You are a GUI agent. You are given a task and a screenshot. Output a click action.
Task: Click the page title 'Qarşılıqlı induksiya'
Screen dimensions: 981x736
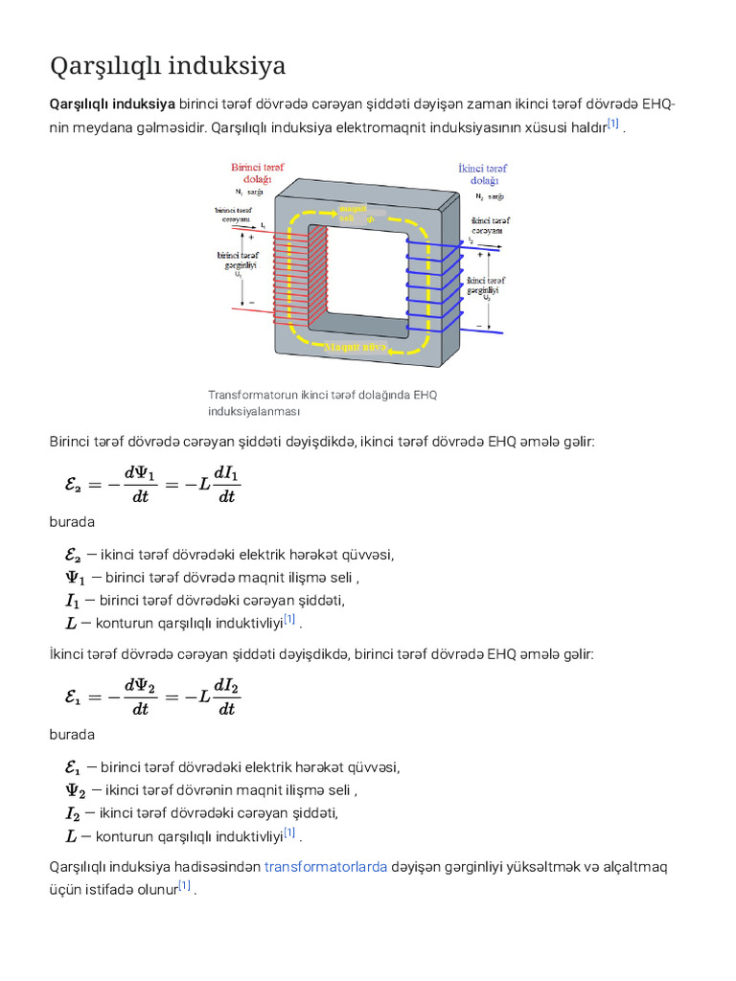point(167,66)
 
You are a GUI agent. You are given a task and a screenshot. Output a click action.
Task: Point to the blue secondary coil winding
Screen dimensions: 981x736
point(436,284)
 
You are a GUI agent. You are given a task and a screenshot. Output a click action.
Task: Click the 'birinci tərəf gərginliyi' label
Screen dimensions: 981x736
point(238,261)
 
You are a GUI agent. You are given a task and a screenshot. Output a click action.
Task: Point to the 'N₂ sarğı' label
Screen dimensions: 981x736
point(489,195)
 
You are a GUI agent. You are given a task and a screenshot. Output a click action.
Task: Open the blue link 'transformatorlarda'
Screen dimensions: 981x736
point(326,867)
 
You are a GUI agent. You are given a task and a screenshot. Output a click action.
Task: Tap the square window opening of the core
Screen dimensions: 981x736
point(367,278)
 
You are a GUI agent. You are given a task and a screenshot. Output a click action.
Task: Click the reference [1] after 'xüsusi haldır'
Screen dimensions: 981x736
point(613,125)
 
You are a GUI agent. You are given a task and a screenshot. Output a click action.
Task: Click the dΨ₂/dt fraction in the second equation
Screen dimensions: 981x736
point(140,696)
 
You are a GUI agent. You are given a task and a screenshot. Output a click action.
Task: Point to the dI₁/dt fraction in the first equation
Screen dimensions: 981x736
point(227,484)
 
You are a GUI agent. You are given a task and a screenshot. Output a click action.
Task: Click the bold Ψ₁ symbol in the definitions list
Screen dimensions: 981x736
point(74,577)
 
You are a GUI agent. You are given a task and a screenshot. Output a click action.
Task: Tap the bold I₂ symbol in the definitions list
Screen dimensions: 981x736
point(72,813)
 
